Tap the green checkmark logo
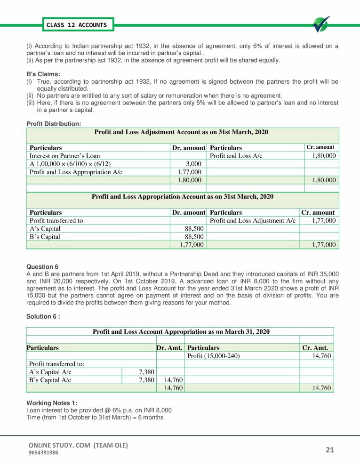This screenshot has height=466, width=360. click(321, 24)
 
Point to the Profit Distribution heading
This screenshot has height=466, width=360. click(54, 124)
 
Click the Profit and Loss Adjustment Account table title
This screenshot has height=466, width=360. click(181, 133)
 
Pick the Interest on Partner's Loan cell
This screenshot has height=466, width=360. click(65, 155)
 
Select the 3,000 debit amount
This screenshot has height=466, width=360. click(194, 163)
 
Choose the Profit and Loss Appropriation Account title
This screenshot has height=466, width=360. click(182, 196)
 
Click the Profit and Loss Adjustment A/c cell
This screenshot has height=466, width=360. click(252, 220)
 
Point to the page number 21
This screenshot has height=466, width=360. click(329, 450)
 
